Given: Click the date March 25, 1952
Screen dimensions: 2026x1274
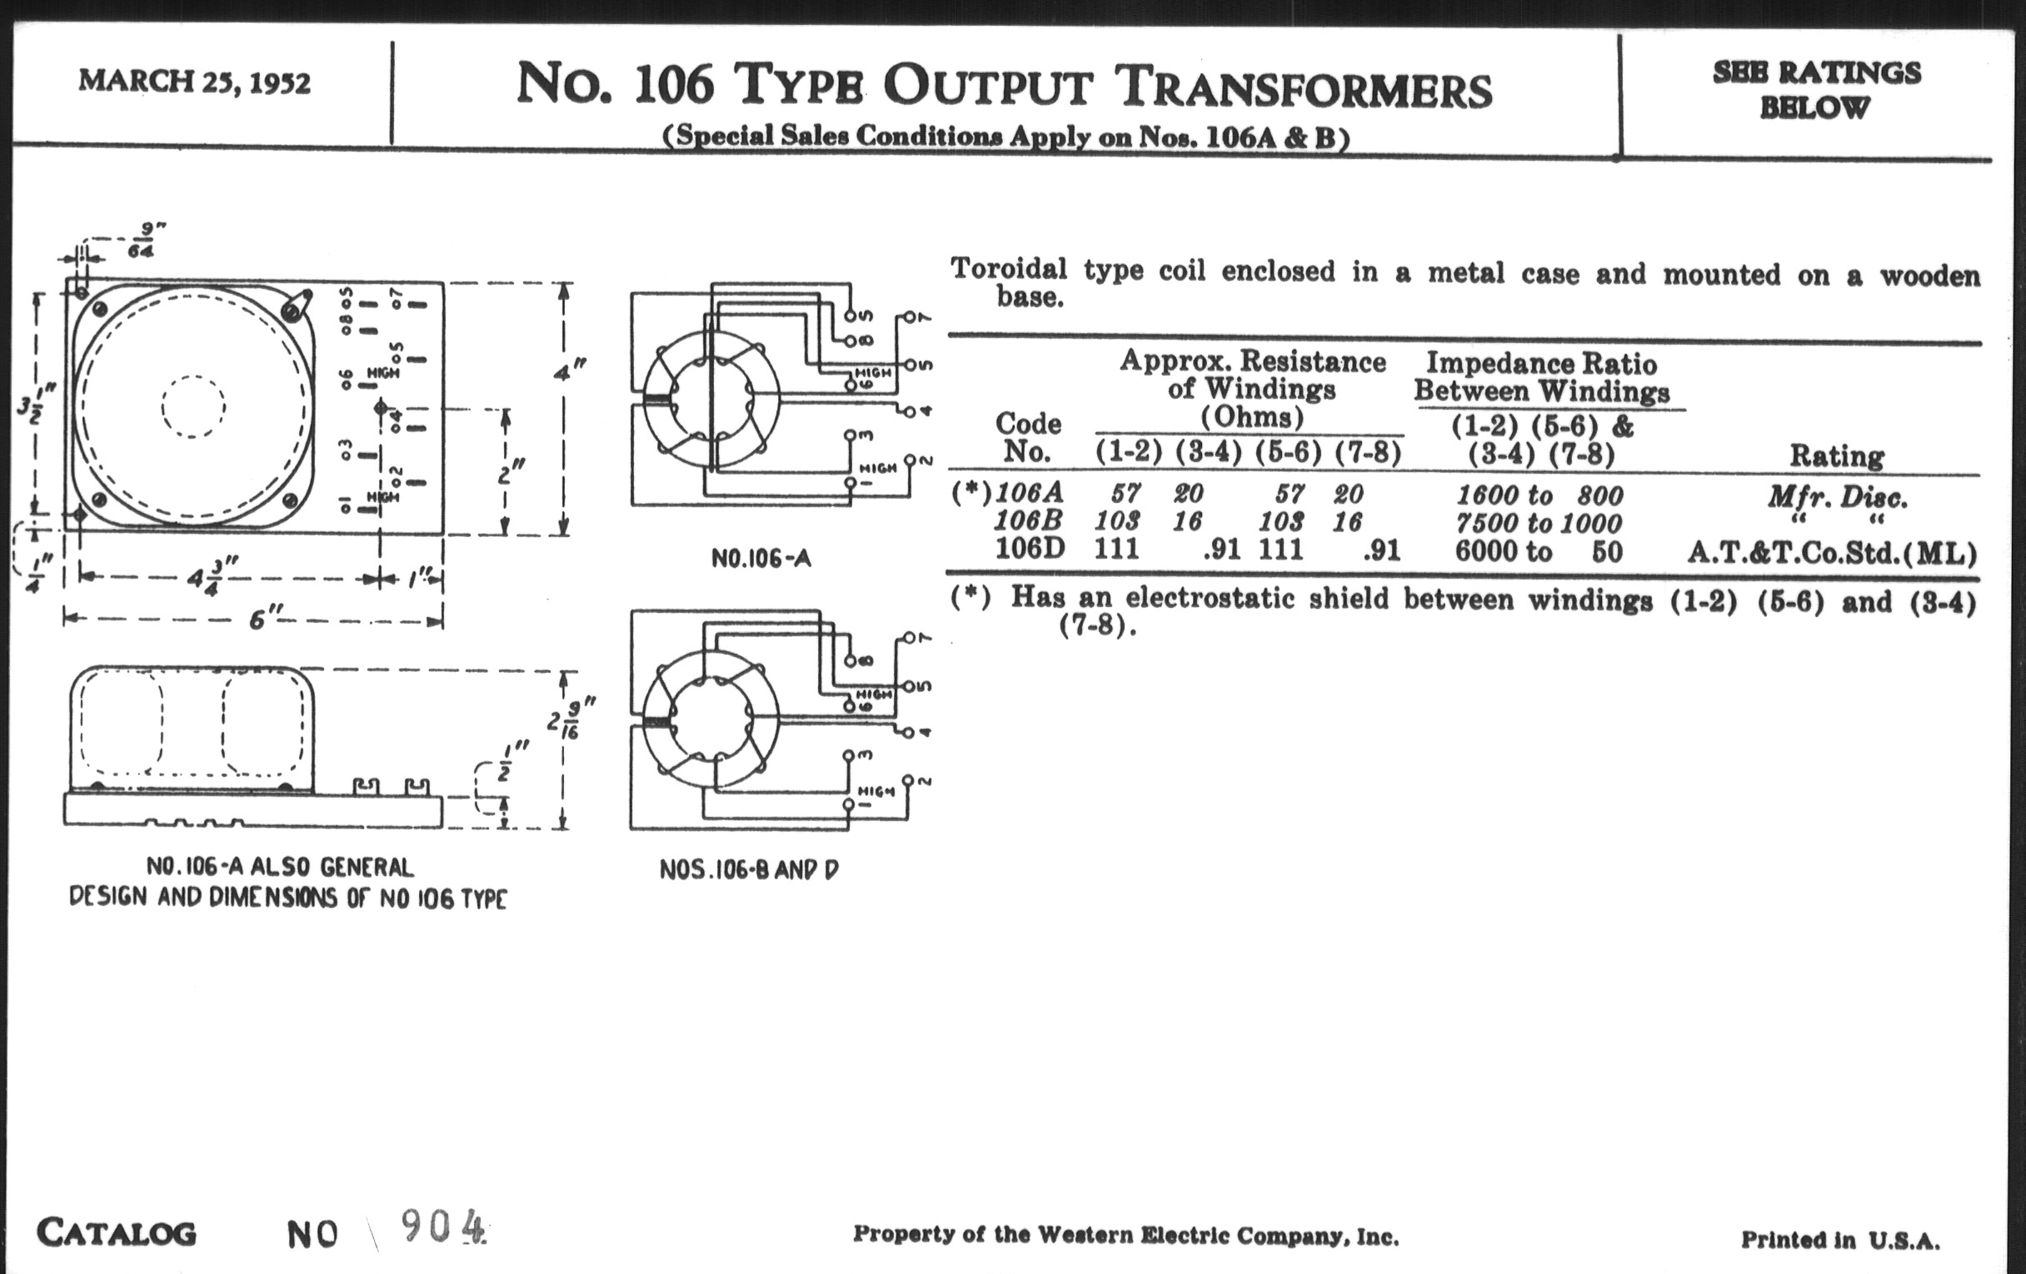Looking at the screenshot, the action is tap(194, 82).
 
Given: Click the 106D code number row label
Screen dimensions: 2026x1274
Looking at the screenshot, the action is tap(1030, 549).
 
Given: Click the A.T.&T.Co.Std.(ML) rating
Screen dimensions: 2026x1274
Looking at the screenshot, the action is tap(1832, 554).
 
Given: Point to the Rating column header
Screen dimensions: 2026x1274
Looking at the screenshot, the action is tap(1836, 455).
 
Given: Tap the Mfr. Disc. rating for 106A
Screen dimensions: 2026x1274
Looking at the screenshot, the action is tap(1837, 497).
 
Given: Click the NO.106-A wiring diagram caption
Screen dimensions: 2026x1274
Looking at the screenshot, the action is tap(761, 559).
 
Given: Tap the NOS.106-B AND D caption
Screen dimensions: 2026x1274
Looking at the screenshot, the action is tap(749, 869).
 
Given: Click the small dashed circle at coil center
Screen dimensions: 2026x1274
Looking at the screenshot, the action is tap(193, 406).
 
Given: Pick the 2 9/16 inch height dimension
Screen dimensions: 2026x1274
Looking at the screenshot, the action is tap(571, 724).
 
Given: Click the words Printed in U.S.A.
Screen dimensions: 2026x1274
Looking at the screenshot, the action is tap(1840, 1240).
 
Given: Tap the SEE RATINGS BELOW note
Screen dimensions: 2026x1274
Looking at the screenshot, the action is tap(1816, 89).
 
